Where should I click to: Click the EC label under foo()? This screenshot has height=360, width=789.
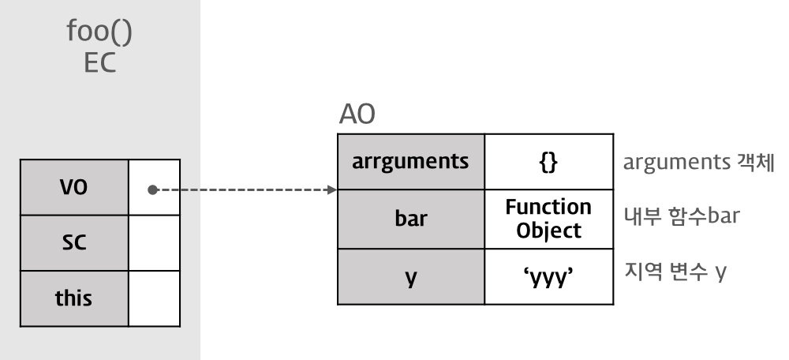coord(99,63)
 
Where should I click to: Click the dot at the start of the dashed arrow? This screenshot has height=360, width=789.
coord(151,190)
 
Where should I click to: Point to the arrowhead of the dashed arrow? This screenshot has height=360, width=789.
coord(332,190)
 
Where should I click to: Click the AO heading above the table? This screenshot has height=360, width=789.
coord(356,117)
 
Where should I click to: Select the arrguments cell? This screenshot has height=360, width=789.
coord(410,163)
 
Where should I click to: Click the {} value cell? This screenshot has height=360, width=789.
coord(548,163)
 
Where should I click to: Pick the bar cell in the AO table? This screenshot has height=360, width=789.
coord(410,219)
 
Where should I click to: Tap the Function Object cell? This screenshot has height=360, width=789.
coord(548,219)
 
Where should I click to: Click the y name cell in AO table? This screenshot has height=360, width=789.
coord(410,277)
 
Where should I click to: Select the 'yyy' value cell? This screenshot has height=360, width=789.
coord(548,277)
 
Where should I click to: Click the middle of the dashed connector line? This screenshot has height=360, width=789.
coord(242,190)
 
